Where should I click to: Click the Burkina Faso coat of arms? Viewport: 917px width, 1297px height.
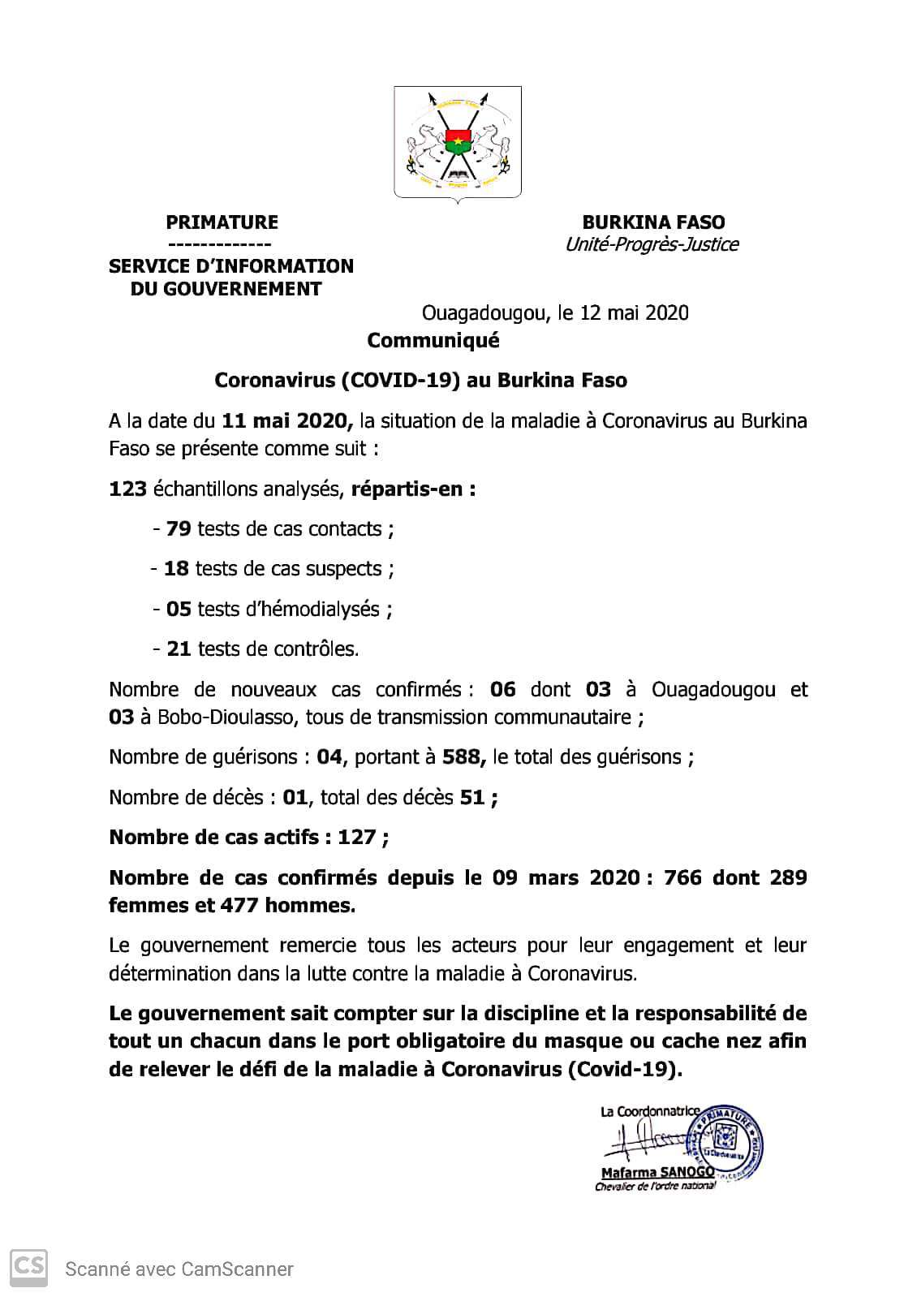pyautogui.click(x=457, y=142)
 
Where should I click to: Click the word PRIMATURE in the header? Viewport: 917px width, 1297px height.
pyautogui.click(x=222, y=222)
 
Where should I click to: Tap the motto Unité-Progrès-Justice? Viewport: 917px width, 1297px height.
pyautogui.click(x=652, y=244)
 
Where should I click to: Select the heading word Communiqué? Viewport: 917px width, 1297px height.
pyautogui.click(x=433, y=341)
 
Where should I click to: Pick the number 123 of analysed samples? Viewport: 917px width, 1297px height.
pyautogui.click(x=127, y=489)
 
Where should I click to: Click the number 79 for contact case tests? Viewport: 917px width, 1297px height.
pyautogui.click(x=178, y=529)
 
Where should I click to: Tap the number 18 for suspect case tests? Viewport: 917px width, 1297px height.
pyautogui.click(x=176, y=569)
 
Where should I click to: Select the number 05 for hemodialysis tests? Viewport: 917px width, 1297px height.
pyautogui.click(x=178, y=609)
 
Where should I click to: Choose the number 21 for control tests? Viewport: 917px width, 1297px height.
pyautogui.click(x=178, y=648)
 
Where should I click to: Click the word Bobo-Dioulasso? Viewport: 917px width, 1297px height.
pyautogui.click(x=201, y=717)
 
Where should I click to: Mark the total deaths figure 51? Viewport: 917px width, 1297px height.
pyautogui.click(x=471, y=797)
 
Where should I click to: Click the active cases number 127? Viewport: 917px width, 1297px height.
pyautogui.click(x=356, y=837)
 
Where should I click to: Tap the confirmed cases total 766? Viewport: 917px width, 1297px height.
pyautogui.click(x=682, y=877)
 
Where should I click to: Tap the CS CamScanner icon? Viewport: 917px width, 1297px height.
pyautogui.click(x=28, y=1267)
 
